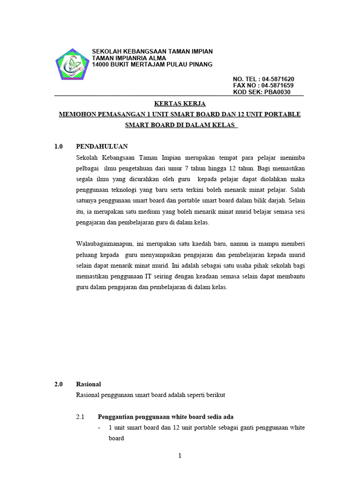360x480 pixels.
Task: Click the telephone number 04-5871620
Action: click(278, 79)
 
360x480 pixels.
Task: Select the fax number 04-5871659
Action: click(278, 86)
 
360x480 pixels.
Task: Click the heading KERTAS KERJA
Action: click(180, 104)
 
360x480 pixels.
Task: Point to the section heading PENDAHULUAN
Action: click(102, 146)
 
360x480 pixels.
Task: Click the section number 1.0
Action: click(59, 146)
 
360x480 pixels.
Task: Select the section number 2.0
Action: click(59, 384)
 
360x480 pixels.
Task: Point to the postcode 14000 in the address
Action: click(101, 64)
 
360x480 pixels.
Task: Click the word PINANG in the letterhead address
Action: click(201, 64)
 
